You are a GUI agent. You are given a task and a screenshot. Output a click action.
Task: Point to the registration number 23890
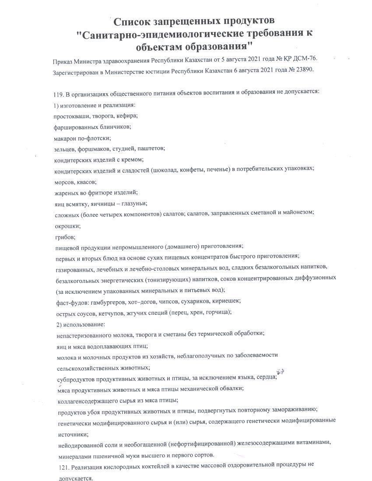[x=304, y=70]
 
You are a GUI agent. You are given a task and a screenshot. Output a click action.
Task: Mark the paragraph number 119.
[x=58, y=93]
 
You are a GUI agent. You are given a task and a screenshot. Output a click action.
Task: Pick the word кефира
[x=128, y=115]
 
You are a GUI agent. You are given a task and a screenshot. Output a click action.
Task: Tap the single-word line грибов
[x=65, y=237]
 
